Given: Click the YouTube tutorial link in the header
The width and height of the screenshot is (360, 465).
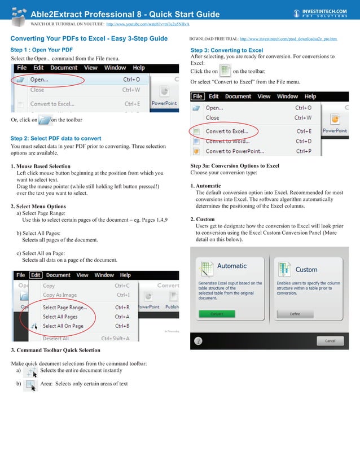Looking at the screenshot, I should (x=148, y=25).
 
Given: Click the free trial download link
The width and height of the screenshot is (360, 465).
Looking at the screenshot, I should (x=288, y=40).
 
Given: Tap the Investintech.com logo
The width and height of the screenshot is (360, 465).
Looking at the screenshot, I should (x=321, y=12).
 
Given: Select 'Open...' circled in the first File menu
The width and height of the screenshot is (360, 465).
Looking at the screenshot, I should (x=40, y=80).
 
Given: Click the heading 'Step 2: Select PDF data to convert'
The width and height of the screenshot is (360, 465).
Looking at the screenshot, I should (x=56, y=138).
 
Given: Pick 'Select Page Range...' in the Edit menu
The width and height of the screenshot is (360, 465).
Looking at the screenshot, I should (x=65, y=308).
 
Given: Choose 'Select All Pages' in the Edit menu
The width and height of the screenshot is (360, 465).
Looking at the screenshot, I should (x=60, y=317).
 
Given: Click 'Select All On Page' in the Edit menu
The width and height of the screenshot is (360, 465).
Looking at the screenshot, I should (x=63, y=326).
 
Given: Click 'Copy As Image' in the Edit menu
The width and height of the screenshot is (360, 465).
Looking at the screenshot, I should (x=60, y=295).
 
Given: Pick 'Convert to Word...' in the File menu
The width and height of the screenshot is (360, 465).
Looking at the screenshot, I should (x=227, y=141).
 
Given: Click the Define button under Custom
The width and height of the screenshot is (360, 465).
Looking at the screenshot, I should (x=295, y=314).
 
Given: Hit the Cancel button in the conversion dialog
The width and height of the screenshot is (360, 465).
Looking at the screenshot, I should (x=330, y=341).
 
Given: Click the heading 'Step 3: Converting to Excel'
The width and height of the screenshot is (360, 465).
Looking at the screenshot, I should (x=227, y=50).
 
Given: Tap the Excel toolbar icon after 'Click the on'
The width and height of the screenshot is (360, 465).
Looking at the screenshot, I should (x=225, y=72).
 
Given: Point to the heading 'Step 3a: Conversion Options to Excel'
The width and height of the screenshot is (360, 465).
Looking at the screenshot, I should (x=235, y=166).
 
